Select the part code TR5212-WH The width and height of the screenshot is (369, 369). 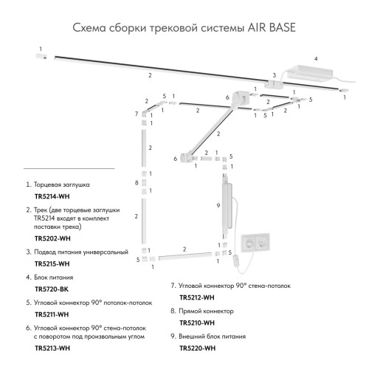[x=197, y=297]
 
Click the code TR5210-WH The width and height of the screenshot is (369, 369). [x=197, y=323]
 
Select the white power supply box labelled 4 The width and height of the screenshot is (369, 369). [x=310, y=72]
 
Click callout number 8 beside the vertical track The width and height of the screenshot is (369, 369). [x=137, y=182]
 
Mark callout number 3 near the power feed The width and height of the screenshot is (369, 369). [x=273, y=75]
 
